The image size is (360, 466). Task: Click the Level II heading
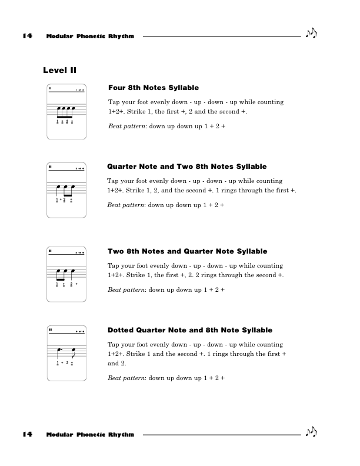tap(59, 71)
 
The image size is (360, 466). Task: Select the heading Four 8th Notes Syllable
tap(154, 88)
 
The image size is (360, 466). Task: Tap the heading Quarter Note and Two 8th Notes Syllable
tap(187, 167)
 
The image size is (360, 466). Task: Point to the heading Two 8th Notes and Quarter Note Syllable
tap(188, 251)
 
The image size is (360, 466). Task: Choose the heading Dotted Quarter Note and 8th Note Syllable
tap(190, 330)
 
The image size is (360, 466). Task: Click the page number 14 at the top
tap(26, 36)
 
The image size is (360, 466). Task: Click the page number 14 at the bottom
tap(26, 434)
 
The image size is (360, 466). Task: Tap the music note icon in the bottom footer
tap(311, 433)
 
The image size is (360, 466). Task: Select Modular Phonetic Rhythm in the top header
tap(90, 36)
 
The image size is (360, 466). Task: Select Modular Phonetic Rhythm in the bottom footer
tap(90, 435)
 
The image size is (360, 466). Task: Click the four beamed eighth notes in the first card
tap(64, 112)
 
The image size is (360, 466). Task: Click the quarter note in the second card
tap(58, 191)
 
